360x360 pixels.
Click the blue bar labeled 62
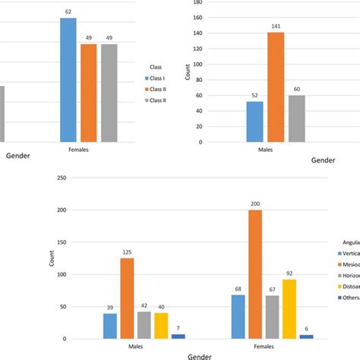(68, 80)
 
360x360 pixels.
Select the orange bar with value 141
(276, 87)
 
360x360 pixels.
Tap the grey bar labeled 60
(297, 118)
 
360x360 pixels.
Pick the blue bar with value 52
(255, 122)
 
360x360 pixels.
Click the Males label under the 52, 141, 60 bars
(276, 150)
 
